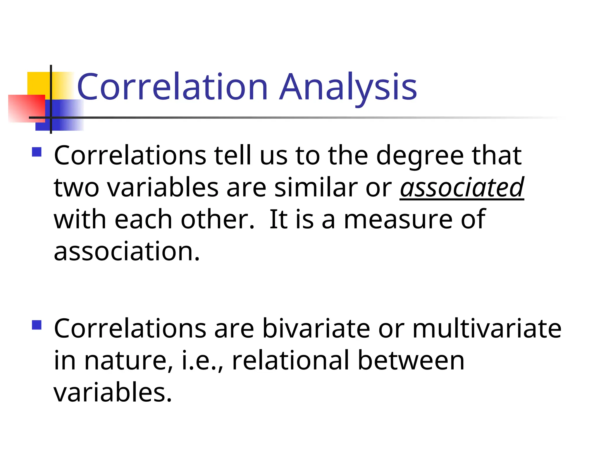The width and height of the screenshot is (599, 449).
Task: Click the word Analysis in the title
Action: click(x=348, y=87)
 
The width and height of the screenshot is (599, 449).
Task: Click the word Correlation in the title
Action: click(x=173, y=87)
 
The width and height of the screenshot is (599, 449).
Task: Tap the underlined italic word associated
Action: click(x=462, y=187)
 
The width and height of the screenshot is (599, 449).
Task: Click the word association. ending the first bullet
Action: click(x=127, y=251)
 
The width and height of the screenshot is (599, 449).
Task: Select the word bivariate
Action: click(x=316, y=329)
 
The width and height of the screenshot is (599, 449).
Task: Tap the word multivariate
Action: click(x=487, y=329)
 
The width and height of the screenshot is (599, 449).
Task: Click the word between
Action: click(x=411, y=361)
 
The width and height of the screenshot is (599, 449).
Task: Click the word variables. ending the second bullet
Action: click(x=113, y=393)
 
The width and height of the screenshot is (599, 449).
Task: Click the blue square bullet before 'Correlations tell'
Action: click(x=37, y=152)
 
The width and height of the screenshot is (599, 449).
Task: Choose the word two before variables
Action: click(x=77, y=187)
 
